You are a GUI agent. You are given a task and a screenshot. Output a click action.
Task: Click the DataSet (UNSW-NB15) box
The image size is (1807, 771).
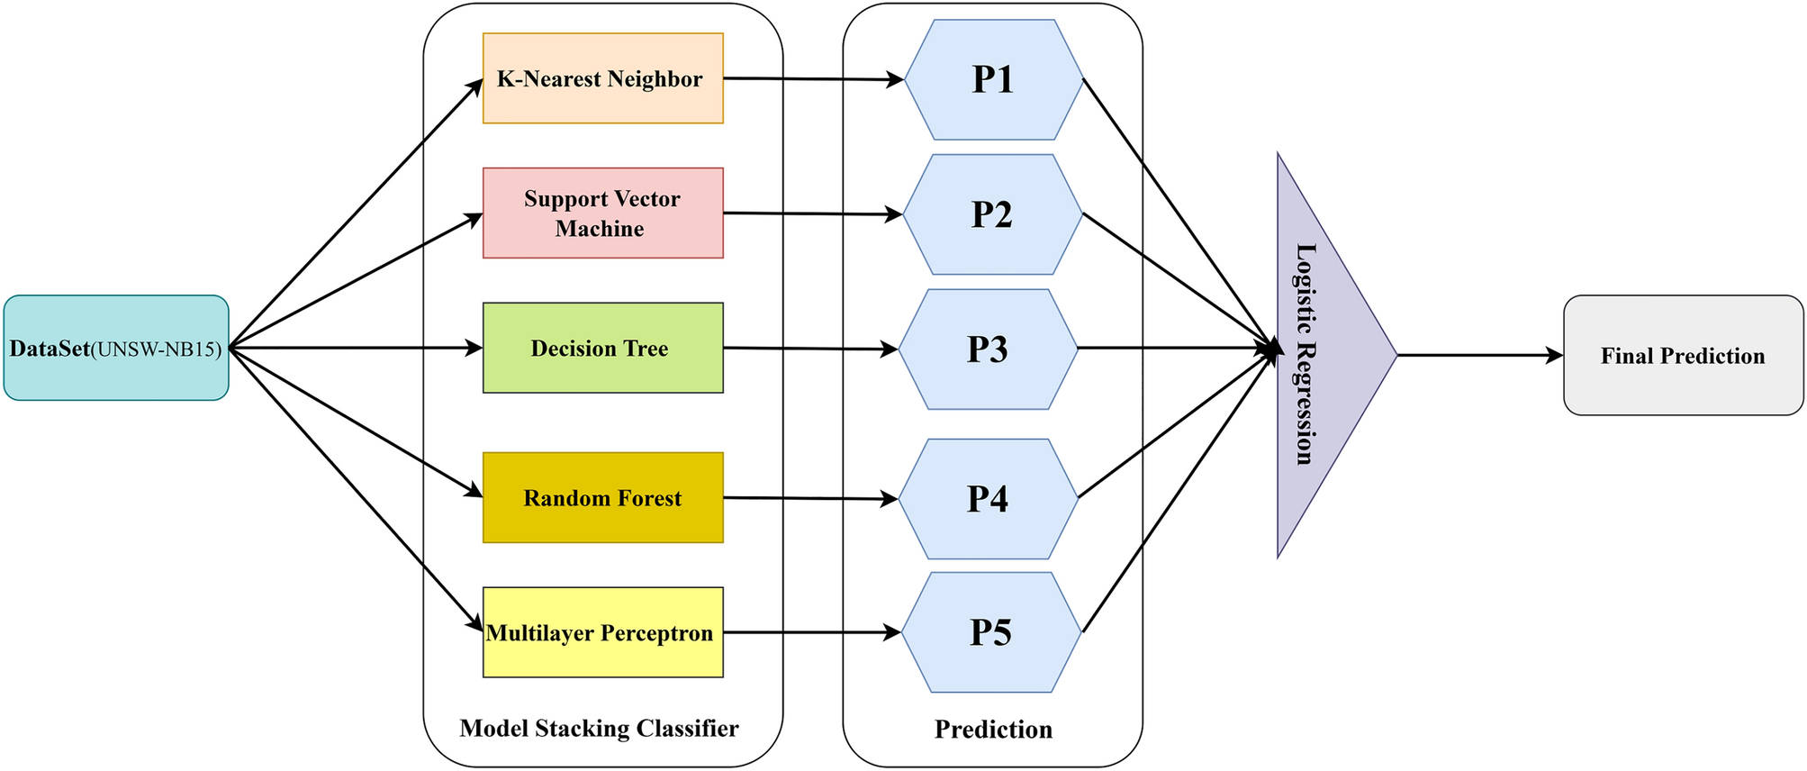116,348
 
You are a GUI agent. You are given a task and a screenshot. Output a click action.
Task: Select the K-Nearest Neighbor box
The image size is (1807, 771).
602,78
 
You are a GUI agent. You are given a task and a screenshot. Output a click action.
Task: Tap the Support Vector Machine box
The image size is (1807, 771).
602,213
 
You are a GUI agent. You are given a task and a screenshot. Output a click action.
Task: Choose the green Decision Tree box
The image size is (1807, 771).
602,348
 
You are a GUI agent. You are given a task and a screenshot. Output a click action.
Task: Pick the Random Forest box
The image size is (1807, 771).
602,497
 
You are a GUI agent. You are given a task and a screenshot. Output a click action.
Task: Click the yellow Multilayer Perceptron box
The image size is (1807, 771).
602,632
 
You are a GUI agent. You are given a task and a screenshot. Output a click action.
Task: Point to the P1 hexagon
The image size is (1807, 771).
993,79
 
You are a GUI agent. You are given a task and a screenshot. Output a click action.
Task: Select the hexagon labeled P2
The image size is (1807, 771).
992,214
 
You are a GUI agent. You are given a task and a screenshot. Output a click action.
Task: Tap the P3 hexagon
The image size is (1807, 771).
988,349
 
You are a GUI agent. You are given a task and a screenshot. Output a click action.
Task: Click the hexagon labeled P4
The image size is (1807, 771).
988,498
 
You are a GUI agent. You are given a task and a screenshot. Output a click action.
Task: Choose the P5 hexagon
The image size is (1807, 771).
990,632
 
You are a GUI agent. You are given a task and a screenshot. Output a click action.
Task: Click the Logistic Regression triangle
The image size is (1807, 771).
1324,355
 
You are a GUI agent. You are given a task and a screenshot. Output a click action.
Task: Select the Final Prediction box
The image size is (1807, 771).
1683,355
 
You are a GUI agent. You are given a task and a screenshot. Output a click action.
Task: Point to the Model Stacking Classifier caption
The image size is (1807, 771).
599,728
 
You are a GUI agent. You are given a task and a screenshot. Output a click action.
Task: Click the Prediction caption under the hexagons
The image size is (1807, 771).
993,729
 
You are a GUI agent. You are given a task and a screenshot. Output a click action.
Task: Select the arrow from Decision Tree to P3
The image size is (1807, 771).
810,349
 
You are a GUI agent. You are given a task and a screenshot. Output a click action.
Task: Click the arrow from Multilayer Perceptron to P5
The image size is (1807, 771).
810,632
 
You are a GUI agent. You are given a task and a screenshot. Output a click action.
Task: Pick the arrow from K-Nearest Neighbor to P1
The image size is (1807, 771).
810,79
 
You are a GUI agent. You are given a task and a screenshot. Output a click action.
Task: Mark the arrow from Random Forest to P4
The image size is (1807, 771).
810,498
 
